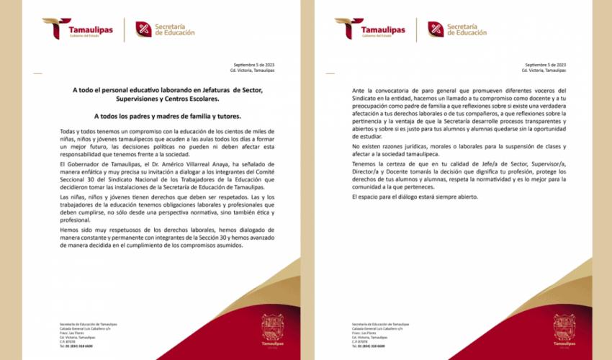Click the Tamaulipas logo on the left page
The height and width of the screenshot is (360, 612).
click(x=78, y=29)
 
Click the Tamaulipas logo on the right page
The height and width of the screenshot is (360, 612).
click(x=369, y=29)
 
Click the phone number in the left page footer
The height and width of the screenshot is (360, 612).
click(x=76, y=345)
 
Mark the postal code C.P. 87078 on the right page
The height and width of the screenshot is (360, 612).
click(x=361, y=341)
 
